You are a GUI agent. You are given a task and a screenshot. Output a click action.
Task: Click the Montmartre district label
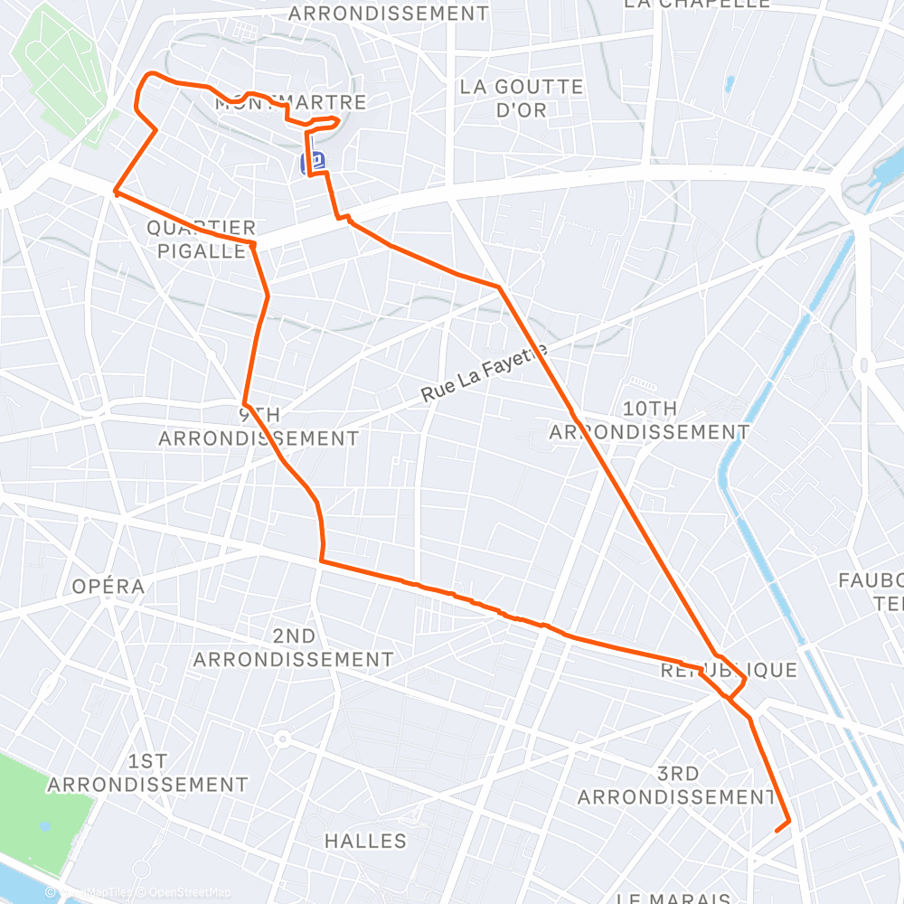click(291, 102)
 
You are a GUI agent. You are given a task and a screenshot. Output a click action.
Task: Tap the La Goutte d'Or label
click(522, 98)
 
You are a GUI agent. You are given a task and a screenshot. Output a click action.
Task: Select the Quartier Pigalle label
click(201, 240)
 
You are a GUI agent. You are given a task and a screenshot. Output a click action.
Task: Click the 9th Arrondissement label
click(259, 427)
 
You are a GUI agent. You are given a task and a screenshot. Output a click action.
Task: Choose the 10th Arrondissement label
click(650, 420)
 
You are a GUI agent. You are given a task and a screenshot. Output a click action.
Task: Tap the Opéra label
click(108, 586)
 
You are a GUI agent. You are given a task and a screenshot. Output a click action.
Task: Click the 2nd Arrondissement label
click(294, 648)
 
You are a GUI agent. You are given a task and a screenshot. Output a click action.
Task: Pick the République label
click(729, 670)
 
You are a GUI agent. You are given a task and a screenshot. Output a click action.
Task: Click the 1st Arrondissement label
click(147, 772)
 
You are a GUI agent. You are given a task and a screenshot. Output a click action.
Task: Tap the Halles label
click(365, 841)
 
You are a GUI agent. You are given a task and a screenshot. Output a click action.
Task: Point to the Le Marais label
click(673, 898)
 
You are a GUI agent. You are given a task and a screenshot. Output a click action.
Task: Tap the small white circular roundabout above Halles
click(282, 739)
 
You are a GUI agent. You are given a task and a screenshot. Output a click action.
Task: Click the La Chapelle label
click(696, 5)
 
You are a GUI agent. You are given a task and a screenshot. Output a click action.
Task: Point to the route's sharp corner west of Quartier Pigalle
click(115, 191)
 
